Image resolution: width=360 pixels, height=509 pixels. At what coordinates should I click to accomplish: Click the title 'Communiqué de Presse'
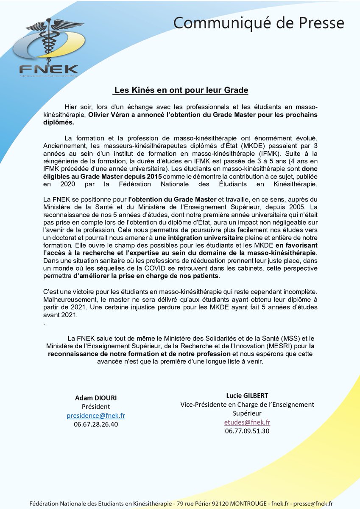click(x=258, y=22)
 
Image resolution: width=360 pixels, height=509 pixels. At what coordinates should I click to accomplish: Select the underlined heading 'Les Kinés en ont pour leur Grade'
click(x=181, y=90)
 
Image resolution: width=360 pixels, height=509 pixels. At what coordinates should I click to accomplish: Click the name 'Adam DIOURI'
click(x=96, y=398)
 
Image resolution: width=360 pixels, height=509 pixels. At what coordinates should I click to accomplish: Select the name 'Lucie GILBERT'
click(x=247, y=396)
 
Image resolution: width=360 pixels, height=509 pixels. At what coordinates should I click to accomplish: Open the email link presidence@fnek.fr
click(x=96, y=415)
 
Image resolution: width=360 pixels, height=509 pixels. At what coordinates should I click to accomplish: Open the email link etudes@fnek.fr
click(x=247, y=422)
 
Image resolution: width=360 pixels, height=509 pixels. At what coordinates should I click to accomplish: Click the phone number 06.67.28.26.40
click(x=96, y=424)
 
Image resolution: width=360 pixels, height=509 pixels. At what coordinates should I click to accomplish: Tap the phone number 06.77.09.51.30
click(x=247, y=431)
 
